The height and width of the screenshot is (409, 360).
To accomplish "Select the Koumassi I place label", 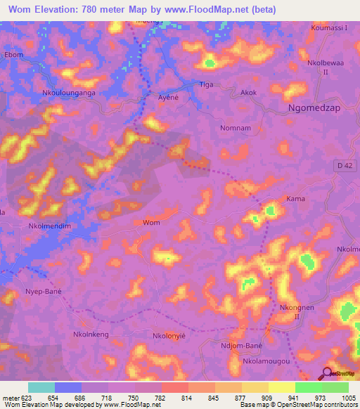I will click(329, 28).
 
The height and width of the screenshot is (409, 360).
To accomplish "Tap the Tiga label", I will click(207, 84).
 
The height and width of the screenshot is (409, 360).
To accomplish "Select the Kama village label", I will click(295, 200).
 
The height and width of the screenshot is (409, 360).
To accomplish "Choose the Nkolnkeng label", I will click(91, 335).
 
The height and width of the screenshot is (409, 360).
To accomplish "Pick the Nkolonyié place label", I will click(168, 337).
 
